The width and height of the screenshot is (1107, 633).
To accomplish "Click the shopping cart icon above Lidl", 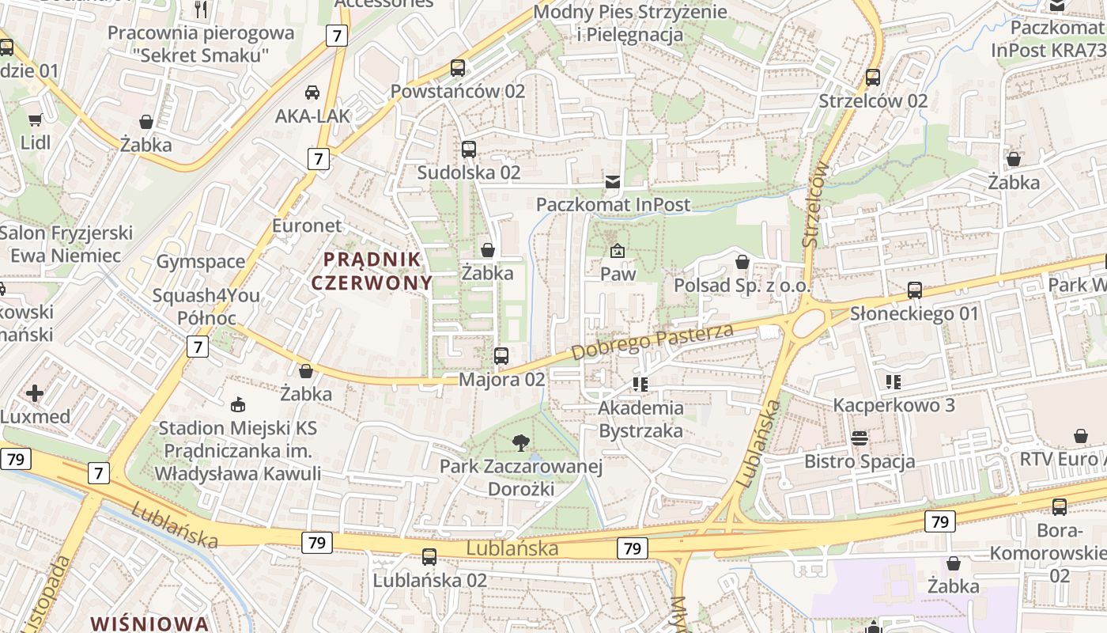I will (35, 120).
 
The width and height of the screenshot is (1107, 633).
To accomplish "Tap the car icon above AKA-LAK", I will (312, 93).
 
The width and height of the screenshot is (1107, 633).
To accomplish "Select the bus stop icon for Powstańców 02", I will (458, 68).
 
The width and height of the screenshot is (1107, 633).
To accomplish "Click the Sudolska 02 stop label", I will (468, 172).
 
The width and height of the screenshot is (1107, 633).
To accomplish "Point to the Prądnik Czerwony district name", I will (372, 271).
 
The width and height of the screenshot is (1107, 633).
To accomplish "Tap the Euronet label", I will (307, 226).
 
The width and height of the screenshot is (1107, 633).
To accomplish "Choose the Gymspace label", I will (200, 262).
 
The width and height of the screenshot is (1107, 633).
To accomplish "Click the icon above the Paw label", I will (618, 252).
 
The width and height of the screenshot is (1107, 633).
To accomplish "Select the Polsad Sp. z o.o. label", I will (736, 285).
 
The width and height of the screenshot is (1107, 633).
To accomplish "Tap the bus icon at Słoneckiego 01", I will (915, 290).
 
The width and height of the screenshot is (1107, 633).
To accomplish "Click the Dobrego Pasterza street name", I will (652, 341).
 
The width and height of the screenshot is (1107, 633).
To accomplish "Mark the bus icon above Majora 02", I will (501, 356).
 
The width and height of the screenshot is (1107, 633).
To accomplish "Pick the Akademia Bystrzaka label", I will (640, 419).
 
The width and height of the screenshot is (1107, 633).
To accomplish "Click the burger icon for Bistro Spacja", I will (860, 438).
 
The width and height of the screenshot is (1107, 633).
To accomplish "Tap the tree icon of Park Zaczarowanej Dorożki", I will (520, 443).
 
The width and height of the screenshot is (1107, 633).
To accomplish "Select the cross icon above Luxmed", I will (35, 392).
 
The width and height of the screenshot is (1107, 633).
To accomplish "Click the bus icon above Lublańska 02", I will (429, 557).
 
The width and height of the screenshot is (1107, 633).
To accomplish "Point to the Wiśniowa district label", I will (149, 623).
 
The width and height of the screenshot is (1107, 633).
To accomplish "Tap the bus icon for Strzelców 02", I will (873, 78).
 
